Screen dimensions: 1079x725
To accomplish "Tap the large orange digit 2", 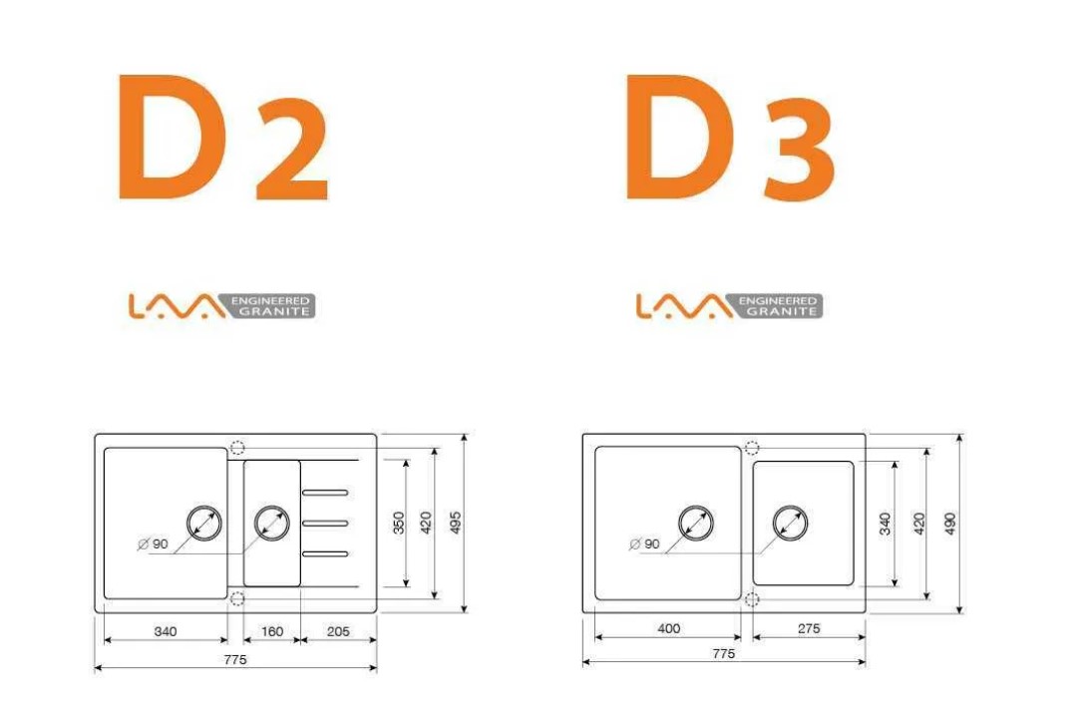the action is point(292,149).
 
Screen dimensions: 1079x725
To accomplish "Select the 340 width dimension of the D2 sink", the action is point(166,631).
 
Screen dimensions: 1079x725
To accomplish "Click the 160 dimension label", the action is point(272,631).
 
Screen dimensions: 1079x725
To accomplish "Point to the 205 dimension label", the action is point(338,631).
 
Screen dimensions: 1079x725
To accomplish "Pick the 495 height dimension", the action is point(454,523).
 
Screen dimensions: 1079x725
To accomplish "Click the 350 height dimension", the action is point(399,523).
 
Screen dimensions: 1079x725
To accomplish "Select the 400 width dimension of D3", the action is point(669,628).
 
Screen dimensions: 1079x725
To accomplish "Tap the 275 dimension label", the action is point(809,628).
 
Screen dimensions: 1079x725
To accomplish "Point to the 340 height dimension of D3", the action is point(886,523).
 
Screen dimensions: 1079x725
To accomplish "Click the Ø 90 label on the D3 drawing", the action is point(645,544).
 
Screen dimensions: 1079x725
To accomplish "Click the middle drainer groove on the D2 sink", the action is point(325,524).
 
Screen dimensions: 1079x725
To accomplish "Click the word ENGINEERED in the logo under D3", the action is point(777,300).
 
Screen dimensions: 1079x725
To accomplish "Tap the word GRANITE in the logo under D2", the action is point(274,311).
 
